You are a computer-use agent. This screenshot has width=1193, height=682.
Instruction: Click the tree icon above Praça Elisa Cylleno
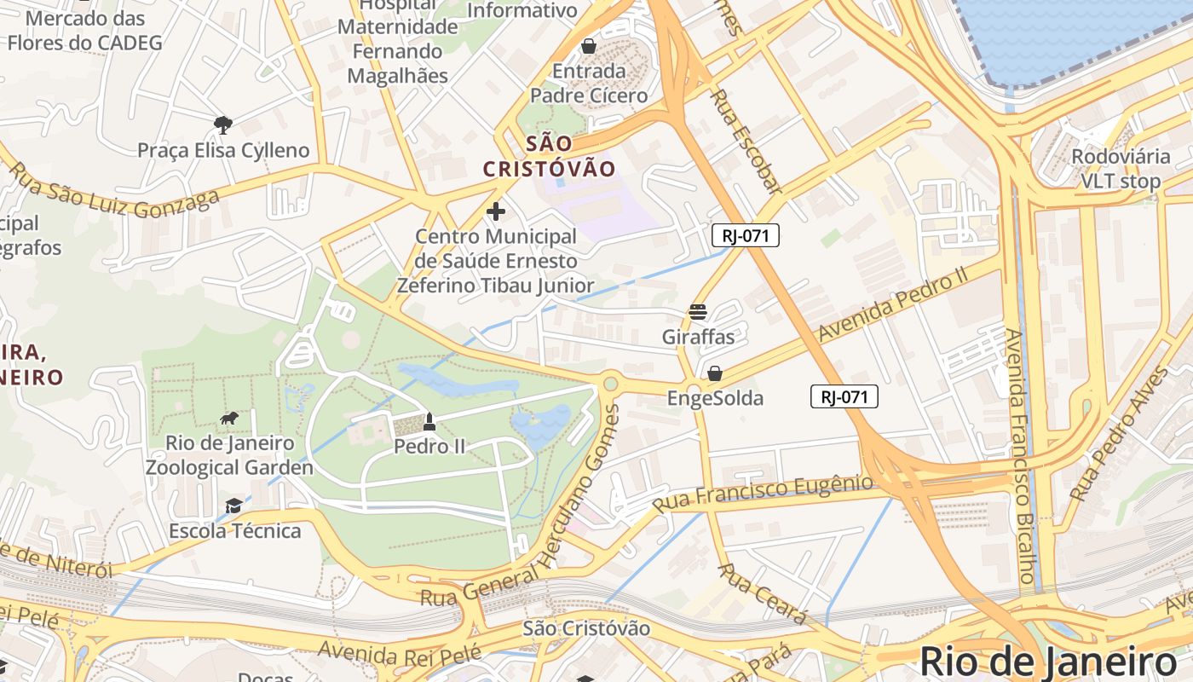coord(223,125)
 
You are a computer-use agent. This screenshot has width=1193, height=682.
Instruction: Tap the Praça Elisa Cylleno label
coord(223,151)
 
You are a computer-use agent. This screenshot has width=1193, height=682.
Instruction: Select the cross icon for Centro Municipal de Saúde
coord(495,211)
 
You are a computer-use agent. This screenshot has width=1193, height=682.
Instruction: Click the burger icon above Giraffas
coord(698,312)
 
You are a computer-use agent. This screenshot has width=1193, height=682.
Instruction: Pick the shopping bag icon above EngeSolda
coord(714,373)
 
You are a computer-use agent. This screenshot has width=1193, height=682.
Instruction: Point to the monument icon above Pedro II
coord(429,421)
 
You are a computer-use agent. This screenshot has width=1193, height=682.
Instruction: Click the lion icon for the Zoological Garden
coord(228,418)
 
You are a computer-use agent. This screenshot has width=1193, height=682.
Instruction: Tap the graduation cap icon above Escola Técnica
coord(233,506)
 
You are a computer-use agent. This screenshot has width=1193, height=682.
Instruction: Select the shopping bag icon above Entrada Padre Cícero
coord(588,45)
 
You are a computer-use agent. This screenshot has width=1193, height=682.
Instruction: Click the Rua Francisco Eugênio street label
coord(763,494)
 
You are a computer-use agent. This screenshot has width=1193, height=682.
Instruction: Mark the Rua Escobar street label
coord(746,142)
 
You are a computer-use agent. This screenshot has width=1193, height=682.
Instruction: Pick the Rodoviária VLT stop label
coord(1121,169)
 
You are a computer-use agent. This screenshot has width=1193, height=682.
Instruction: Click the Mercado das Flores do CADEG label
coord(84,30)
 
